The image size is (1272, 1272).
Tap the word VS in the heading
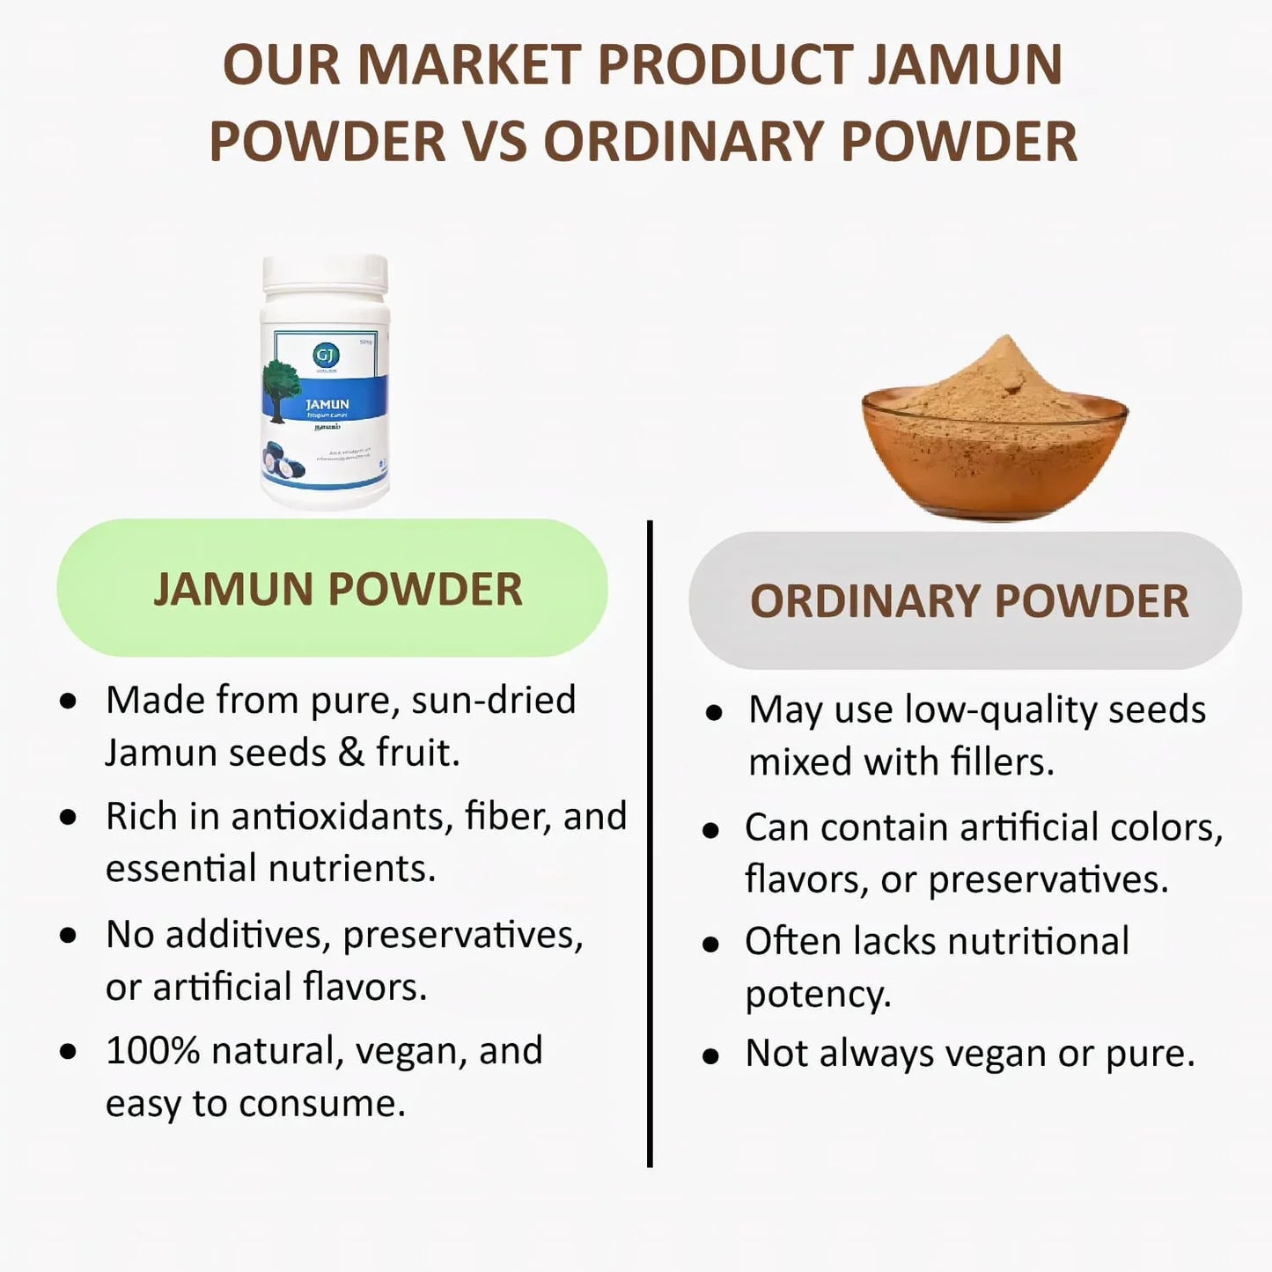tap(495, 142)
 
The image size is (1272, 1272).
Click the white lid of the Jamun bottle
tap(325, 274)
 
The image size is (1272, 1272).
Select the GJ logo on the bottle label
tap(326, 355)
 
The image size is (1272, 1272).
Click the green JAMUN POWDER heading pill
tap(333, 588)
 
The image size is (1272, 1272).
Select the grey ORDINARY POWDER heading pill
tap(966, 601)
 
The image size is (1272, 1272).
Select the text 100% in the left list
tap(152, 1051)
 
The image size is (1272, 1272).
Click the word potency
tap(818, 995)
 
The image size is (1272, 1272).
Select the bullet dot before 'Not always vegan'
tap(711, 1056)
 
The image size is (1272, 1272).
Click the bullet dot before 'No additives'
tap(69, 936)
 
